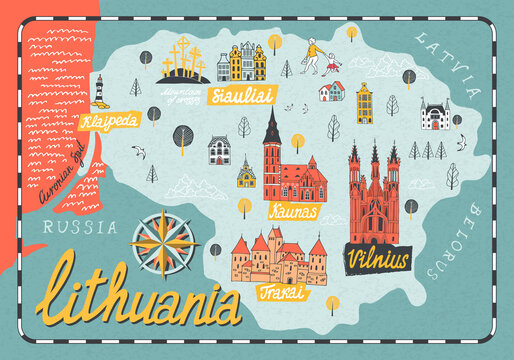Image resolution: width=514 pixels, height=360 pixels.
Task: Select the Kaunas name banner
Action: click(x=293, y=212)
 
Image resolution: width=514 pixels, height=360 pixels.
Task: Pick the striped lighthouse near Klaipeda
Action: click(x=99, y=90)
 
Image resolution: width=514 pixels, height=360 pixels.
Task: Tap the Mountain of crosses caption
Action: click(x=182, y=95)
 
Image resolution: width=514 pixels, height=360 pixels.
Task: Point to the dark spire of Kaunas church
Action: click(x=271, y=130)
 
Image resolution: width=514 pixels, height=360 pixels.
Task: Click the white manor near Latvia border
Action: click(x=435, y=114)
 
